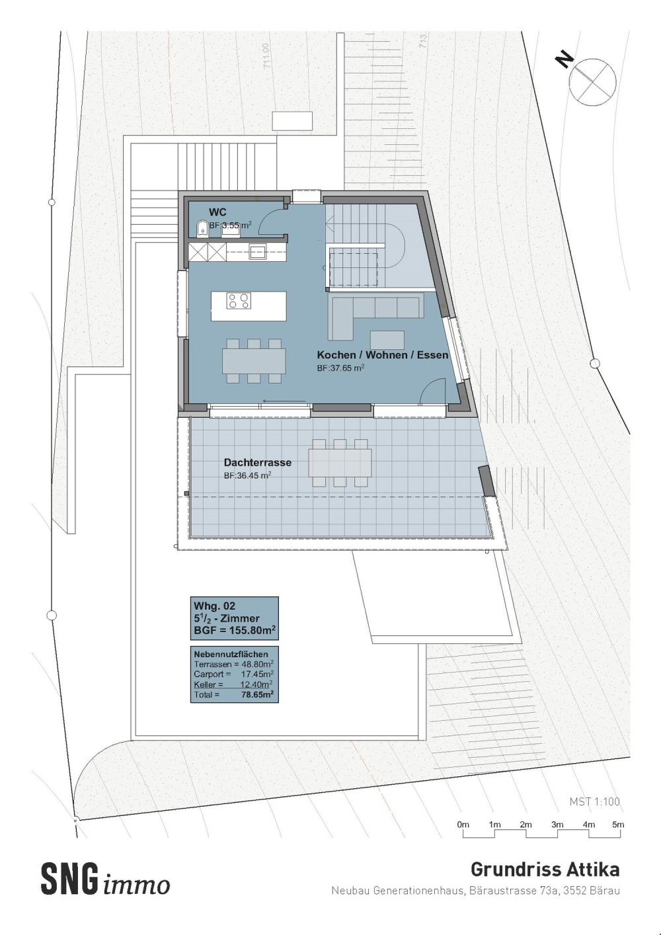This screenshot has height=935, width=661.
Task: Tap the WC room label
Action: [x=218, y=212]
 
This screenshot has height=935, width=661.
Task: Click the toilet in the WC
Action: [x=200, y=229]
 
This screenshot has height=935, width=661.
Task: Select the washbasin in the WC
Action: [x=231, y=229]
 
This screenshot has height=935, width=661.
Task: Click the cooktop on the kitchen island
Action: [x=239, y=302]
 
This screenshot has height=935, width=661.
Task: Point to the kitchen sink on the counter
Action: [x=258, y=251]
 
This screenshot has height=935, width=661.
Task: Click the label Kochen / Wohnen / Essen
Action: [x=382, y=355]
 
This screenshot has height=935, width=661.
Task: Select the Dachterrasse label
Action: [x=258, y=463]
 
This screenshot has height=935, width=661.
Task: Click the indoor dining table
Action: [x=254, y=361]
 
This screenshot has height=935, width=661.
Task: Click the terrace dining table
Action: [x=341, y=462]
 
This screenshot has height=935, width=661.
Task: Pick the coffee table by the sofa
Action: [x=387, y=339]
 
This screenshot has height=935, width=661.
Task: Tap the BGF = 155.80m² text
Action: [x=234, y=630]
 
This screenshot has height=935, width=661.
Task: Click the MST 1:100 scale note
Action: [x=595, y=801]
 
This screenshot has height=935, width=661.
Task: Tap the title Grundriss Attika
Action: [x=545, y=868]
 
